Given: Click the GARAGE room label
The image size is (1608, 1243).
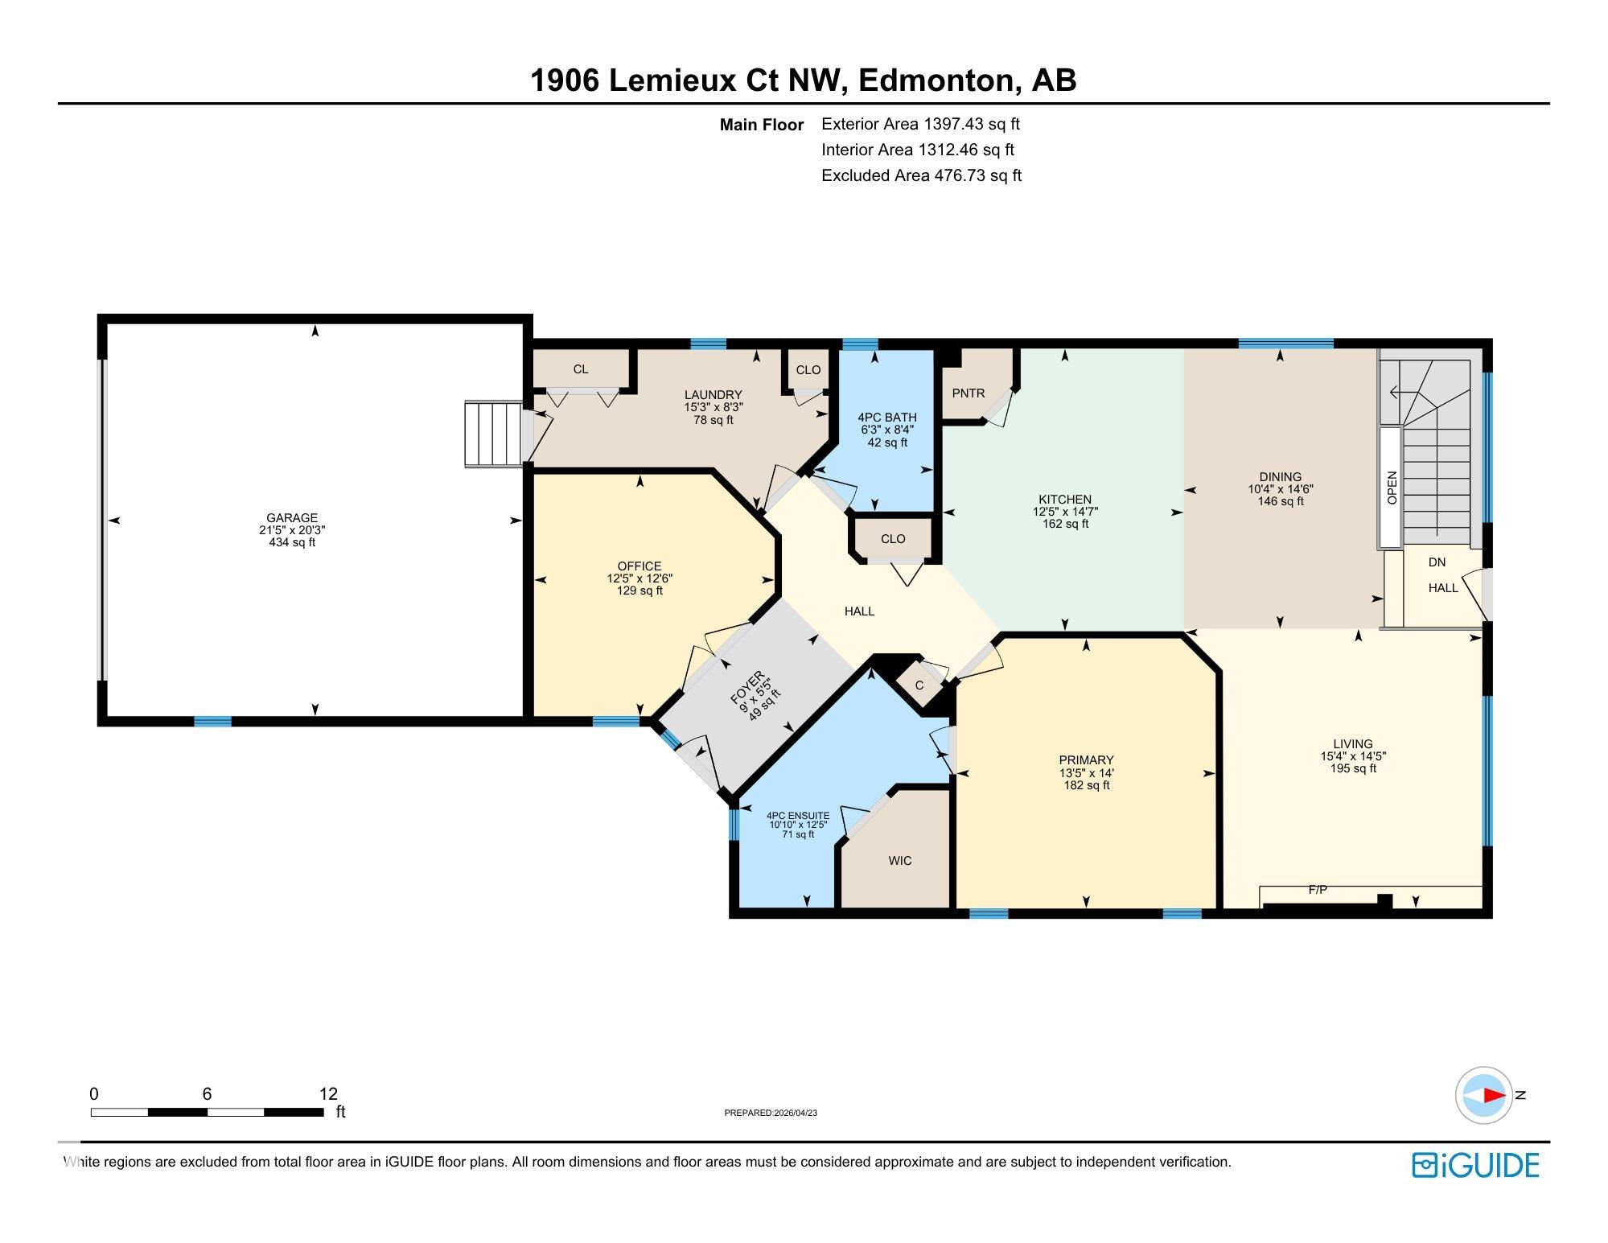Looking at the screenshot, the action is pos(292,517).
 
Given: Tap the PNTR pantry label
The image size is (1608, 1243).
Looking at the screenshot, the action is pos(968,393).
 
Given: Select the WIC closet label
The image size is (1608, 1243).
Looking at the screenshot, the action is pos(900,860).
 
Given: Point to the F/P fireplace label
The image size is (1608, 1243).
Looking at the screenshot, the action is pos(1318,890).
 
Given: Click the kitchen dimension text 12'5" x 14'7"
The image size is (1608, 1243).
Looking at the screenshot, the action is pos(1065,511).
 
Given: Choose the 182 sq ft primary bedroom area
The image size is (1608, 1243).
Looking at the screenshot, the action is pos(1086,784).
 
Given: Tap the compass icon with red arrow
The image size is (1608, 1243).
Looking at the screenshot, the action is pos(1484,1095).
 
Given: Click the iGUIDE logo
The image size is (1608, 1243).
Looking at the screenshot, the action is pos(1475,1165).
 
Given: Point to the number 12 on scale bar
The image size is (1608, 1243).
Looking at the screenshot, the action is pos(328,1093).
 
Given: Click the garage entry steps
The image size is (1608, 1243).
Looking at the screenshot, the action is pos(493,434).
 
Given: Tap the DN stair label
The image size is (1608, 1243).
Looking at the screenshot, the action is pos(1437,562).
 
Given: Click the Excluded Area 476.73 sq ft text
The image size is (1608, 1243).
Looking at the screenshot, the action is pos(921,175).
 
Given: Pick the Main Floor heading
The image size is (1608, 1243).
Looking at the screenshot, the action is pos(762,125).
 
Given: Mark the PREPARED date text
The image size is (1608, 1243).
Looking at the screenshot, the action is pos(771,1113).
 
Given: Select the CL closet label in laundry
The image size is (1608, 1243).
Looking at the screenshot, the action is pos(581,369).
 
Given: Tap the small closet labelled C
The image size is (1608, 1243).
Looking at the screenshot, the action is pos(919,685).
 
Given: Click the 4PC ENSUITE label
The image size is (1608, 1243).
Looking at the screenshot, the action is pos(798,816).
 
